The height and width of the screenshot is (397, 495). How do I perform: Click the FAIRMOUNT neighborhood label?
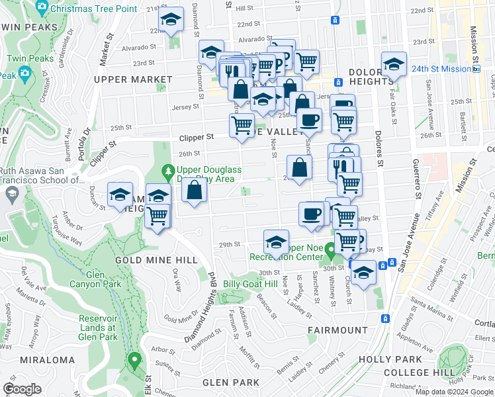(x=337, y=330)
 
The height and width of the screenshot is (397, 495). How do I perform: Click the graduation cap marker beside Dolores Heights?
(x=394, y=65)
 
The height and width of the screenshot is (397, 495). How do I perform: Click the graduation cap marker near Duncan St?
(x=120, y=195)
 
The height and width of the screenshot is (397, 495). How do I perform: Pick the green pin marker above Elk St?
(x=135, y=361)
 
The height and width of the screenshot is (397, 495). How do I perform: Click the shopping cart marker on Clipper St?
(x=242, y=124)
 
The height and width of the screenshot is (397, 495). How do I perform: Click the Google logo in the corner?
(x=22, y=389)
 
